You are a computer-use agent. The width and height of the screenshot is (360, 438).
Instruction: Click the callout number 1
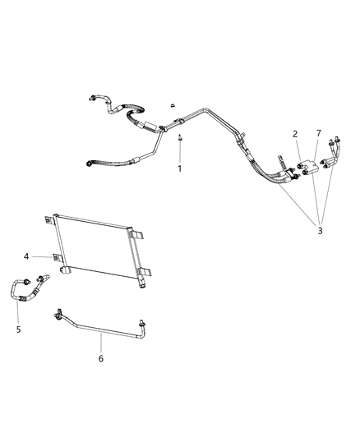pos(179,168)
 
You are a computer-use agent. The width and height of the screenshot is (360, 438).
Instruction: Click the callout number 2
pos(293,134)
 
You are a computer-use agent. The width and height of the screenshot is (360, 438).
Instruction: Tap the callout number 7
pos(320,134)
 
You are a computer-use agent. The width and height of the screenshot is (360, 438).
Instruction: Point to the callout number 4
pos(27,257)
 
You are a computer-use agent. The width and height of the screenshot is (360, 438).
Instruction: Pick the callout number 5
pos(20,330)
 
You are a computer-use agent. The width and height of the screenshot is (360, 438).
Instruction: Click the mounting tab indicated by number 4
pos(56,257)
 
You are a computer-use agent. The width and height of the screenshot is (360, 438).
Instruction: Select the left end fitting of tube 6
pos(58,313)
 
